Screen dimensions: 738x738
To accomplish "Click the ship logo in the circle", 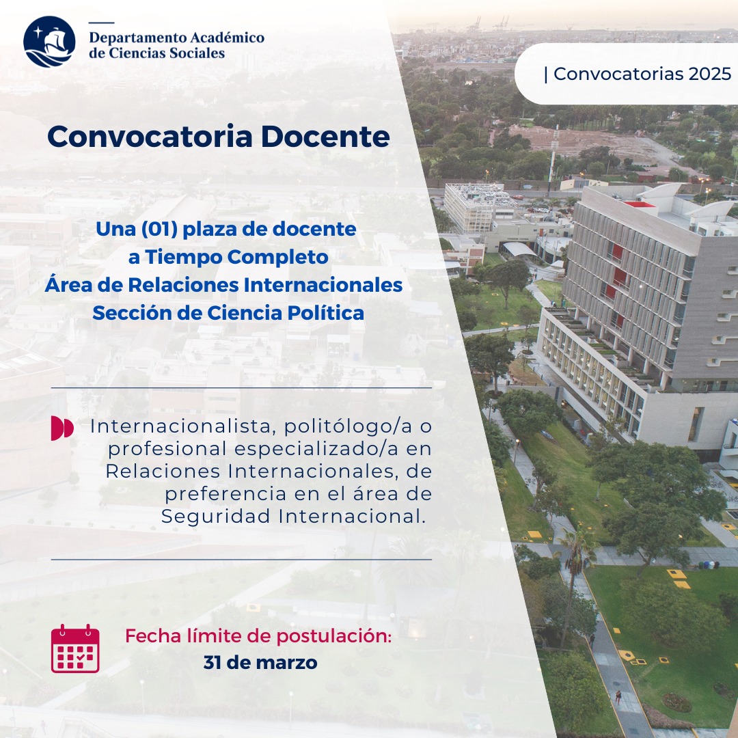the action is coord(49,42).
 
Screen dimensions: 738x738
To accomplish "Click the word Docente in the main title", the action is coord(325,137).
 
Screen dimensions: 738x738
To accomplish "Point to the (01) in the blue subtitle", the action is coord(159,229).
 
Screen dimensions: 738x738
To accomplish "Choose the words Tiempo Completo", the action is coord(236,257).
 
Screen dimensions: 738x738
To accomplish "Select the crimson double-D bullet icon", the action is coord(62,428).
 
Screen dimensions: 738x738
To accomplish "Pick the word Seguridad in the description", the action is coord(217,517).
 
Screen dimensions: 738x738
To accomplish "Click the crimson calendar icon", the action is coord(75,648).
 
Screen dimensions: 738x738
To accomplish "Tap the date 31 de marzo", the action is coord(260,663).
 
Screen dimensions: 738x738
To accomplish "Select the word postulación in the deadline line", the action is coord(333,636).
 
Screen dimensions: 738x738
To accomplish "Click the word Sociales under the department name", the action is coord(197,53).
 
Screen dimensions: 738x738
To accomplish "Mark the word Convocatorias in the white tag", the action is coord(619,74).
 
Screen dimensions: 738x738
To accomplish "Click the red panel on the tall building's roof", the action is coord(639,204).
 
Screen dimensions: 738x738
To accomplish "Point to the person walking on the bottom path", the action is coord(618,697).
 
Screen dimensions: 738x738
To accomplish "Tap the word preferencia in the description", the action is coord(225,494).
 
